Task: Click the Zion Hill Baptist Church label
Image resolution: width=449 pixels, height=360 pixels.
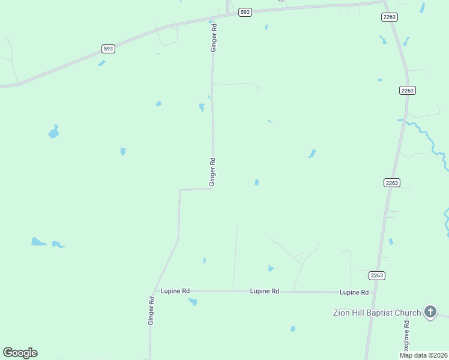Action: (378, 313)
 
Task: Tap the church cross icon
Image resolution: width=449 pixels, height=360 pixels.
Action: (430, 311)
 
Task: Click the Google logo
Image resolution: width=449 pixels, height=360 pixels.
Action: (20, 353)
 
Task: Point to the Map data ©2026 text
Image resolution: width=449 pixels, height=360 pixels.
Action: (423, 355)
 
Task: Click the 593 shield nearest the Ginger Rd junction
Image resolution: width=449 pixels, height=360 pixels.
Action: (244, 12)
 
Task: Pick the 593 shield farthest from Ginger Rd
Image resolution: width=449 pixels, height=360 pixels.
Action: (108, 49)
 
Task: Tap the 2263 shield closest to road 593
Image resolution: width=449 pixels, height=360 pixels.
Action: (389, 17)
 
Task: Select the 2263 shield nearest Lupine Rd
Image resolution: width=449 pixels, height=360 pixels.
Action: (376, 275)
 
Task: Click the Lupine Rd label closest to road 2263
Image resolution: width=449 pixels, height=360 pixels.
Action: (354, 292)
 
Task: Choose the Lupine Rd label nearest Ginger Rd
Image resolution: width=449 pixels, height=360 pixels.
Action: (175, 291)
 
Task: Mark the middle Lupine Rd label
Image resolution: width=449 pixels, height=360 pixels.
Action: (265, 291)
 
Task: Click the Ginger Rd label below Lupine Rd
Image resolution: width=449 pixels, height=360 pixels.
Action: (152, 311)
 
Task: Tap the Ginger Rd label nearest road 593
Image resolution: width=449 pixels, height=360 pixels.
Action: (213, 37)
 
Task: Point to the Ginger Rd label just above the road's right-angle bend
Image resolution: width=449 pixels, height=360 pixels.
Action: (212, 171)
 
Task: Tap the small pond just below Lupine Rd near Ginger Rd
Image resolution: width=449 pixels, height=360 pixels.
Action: (193, 302)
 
